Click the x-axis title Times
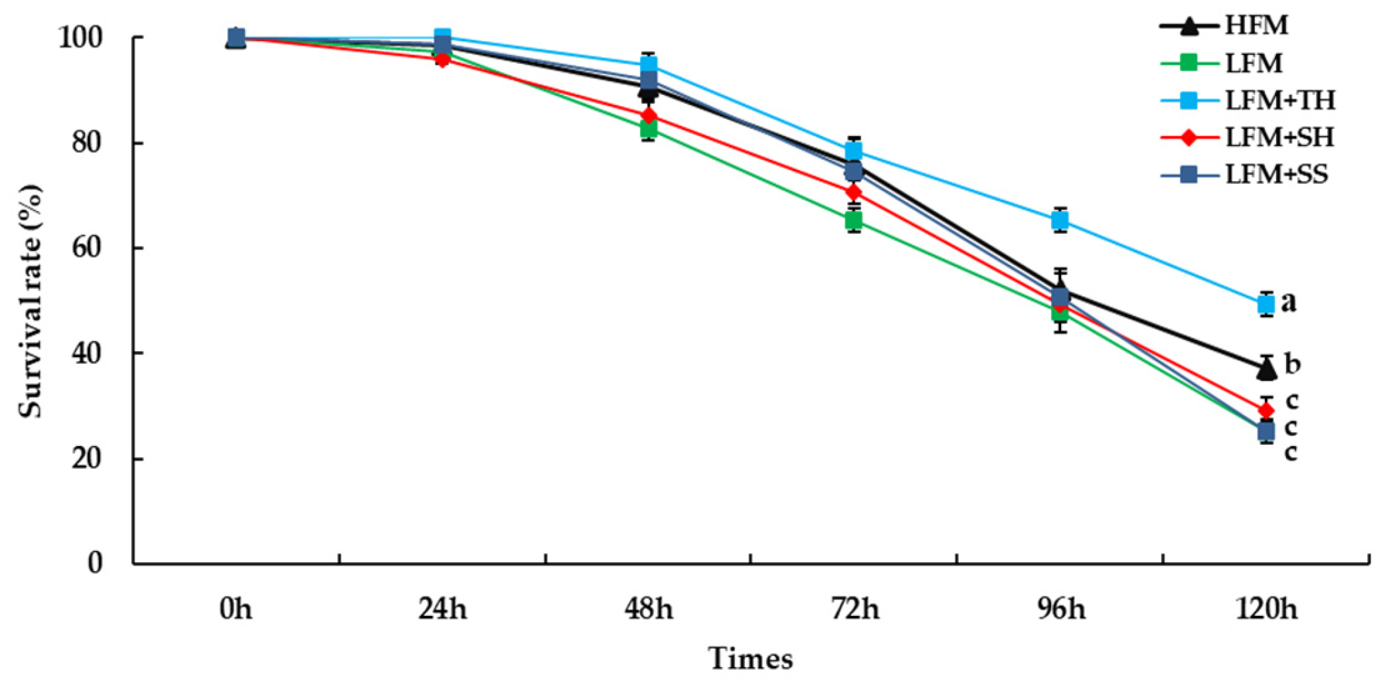(750, 659)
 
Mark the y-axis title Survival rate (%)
(31, 301)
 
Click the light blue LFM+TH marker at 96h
(1060, 220)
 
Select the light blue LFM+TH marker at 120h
(1266, 304)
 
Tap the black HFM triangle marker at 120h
(1266, 368)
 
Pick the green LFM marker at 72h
(854, 220)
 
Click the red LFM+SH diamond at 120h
(1266, 410)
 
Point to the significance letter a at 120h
(1288, 303)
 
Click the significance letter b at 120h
(1291, 364)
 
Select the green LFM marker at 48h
(649, 129)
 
